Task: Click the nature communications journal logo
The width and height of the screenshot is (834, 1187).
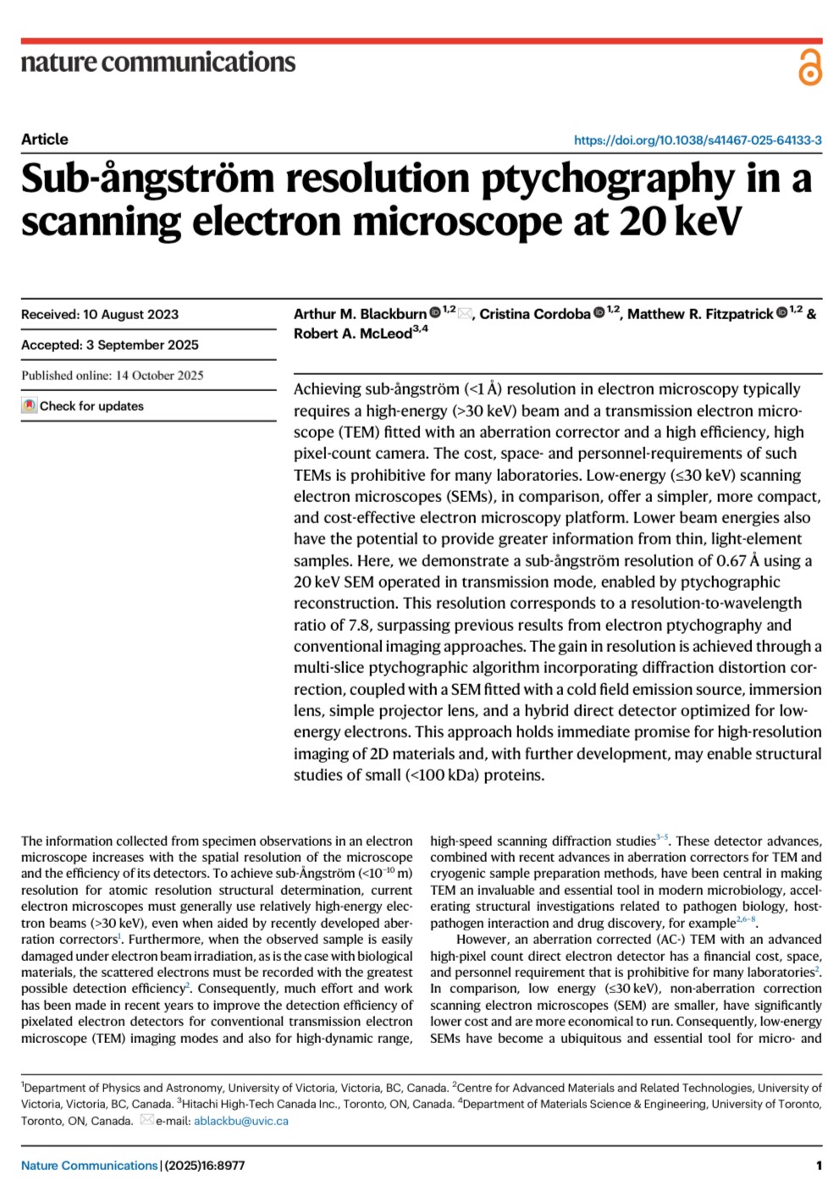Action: [158, 62]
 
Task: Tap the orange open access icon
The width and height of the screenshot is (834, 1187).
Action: [809, 67]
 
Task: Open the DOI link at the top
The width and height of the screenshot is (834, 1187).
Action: [697, 141]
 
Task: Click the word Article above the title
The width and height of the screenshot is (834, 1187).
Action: [45, 140]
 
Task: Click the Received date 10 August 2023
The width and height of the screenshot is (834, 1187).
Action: [130, 315]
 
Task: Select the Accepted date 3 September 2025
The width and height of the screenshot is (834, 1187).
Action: [142, 345]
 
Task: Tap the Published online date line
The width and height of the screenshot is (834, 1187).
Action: [113, 376]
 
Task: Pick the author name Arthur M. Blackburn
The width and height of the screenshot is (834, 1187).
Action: [360, 314]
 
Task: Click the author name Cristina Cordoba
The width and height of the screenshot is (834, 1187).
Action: [534, 314]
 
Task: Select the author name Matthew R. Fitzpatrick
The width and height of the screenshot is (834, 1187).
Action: [700, 314]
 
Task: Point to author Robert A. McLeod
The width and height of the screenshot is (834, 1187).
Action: [352, 334]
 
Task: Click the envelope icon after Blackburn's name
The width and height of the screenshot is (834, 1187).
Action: [465, 314]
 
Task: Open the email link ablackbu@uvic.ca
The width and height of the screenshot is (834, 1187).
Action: [241, 1121]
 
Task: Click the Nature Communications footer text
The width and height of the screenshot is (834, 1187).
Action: [89, 1166]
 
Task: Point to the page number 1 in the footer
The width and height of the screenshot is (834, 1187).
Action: [819, 1166]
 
